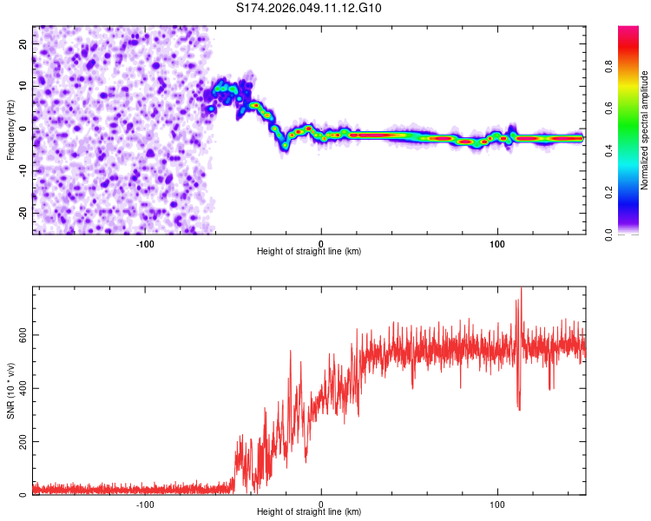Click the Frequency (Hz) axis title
[x=10, y=130]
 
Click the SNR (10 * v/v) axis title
[x=10, y=391]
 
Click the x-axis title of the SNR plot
[x=309, y=512]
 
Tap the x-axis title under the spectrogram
[x=309, y=252]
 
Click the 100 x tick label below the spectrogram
[x=497, y=243]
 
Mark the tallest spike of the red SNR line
[x=521, y=289]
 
